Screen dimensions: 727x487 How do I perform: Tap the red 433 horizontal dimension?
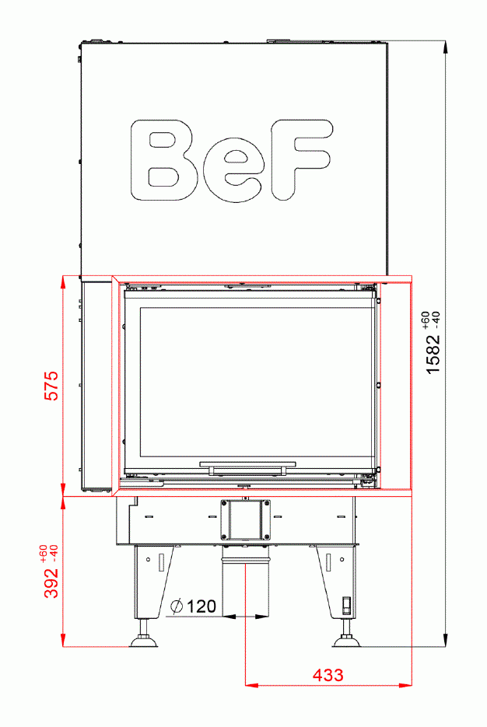[x=328, y=675]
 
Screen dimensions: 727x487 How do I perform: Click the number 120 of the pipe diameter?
[x=201, y=606]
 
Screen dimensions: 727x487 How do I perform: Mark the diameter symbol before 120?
[x=176, y=606]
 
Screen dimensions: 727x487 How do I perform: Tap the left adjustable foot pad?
[x=144, y=641]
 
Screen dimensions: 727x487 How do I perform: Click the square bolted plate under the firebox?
[x=246, y=519]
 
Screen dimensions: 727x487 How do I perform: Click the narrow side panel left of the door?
[x=96, y=385]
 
